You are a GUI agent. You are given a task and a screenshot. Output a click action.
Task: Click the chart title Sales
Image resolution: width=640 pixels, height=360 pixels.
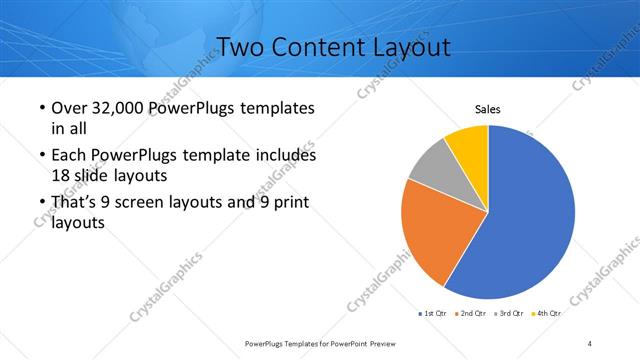click(487, 110)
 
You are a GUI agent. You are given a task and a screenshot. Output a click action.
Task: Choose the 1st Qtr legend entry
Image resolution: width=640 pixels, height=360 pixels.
click(431, 313)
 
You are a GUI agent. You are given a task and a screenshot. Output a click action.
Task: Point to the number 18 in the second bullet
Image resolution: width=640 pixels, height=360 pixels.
click(60, 174)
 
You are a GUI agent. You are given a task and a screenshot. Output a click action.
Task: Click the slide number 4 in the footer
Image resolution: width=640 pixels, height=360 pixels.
click(590, 344)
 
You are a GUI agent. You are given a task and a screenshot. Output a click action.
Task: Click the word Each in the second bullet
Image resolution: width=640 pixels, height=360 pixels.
click(70, 155)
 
